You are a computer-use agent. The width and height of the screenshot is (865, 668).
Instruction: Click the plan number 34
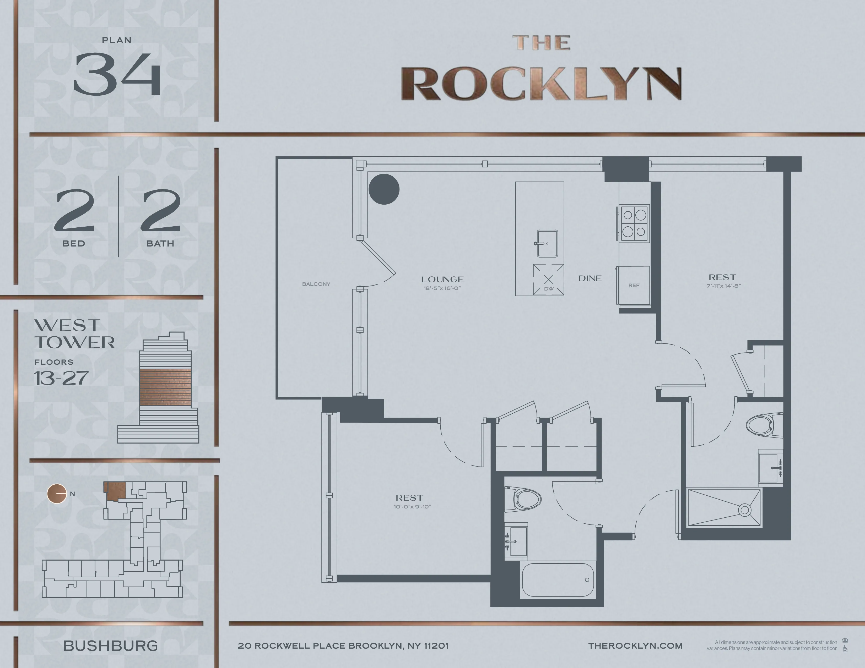coord(117,74)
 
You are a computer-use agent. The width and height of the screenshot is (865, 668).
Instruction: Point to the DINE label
coord(590,278)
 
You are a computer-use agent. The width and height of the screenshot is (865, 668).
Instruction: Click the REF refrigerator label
coord(634,285)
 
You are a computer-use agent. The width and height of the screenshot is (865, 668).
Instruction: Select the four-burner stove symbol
coord(634,223)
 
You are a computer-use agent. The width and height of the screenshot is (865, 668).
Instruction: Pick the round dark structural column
coord(384,189)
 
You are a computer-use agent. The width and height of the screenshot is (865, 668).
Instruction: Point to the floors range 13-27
coord(61,378)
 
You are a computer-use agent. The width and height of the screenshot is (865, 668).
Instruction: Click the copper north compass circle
coord(57,494)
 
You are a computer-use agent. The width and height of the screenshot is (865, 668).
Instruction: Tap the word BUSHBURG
coord(111,646)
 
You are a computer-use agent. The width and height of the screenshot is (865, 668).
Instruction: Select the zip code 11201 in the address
coord(436,646)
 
